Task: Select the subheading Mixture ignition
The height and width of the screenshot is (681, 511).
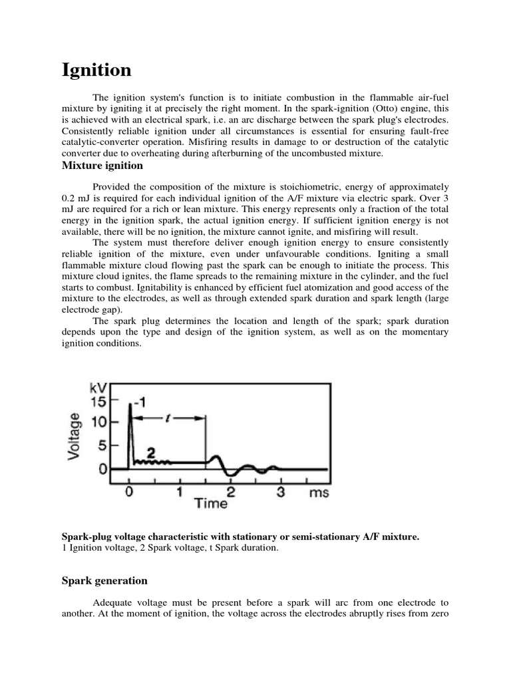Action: [102, 165]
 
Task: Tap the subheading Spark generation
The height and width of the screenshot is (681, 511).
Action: [104, 581]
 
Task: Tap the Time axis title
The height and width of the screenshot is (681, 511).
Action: [210, 503]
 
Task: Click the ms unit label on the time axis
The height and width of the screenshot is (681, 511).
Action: [319, 493]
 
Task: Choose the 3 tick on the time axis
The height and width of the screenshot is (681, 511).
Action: [281, 493]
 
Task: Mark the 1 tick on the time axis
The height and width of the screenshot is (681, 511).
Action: [180, 493]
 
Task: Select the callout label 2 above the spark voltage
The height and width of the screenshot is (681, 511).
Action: [150, 452]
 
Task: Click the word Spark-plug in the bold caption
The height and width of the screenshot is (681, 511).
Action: [86, 536]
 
